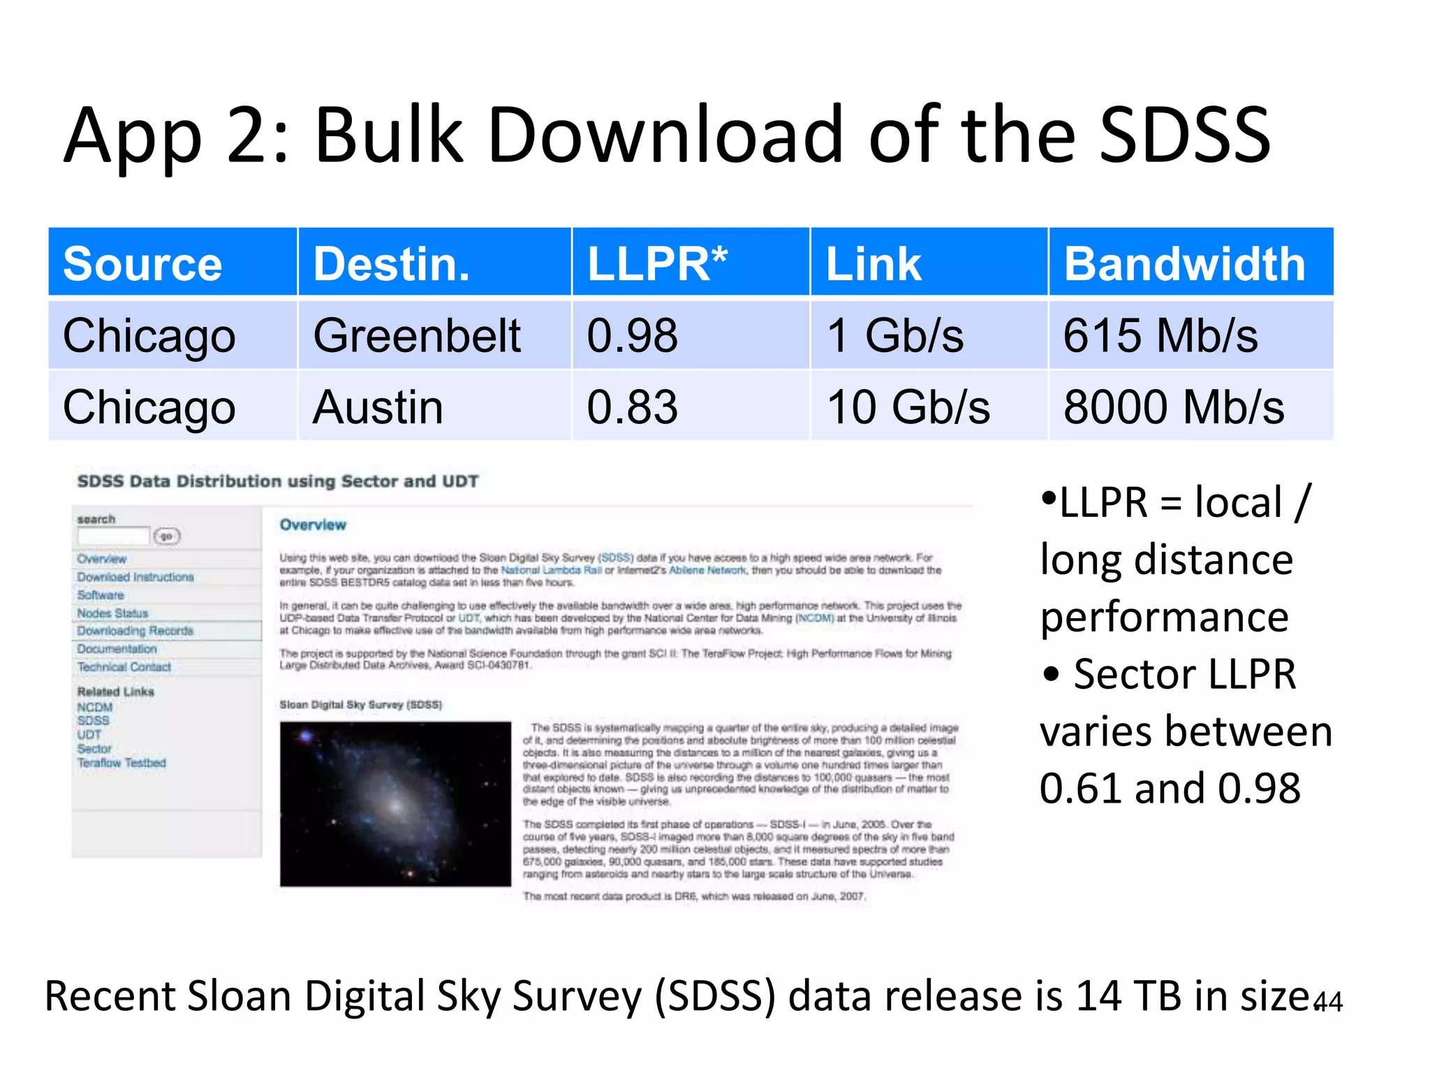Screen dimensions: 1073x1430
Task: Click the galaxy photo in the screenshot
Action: pyautogui.click(x=395, y=803)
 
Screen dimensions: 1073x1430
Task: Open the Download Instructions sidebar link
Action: pyautogui.click(x=135, y=577)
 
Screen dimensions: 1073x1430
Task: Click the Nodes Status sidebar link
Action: pyautogui.click(x=112, y=613)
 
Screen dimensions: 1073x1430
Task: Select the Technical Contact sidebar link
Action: pyautogui.click(x=124, y=667)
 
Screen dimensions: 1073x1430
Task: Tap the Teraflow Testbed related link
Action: pyautogui.click(x=121, y=763)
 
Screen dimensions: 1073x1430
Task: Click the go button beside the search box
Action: pyautogui.click(x=167, y=536)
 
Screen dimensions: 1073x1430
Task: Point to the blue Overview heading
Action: pyautogui.click(x=313, y=525)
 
